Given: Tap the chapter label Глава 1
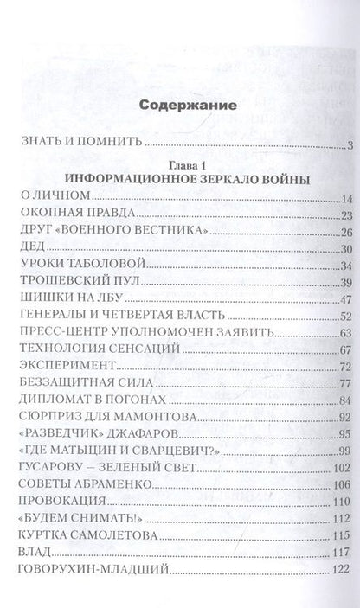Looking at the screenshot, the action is point(179,162).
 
